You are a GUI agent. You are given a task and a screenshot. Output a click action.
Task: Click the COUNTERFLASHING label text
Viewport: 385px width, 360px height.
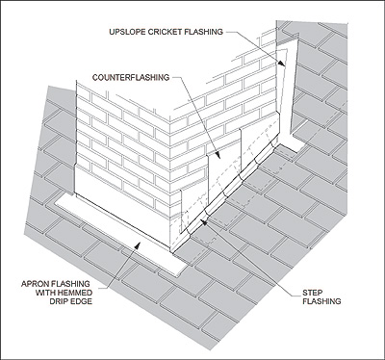(x=131, y=77)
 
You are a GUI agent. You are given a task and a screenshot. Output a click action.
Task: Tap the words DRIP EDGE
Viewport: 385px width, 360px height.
(x=71, y=301)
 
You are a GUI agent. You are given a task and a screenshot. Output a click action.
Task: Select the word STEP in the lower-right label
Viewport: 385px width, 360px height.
(x=313, y=293)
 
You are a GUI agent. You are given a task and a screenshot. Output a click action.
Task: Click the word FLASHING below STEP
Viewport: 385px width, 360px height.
(x=321, y=301)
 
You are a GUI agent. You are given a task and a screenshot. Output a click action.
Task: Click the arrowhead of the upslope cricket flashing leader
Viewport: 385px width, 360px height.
(x=281, y=63)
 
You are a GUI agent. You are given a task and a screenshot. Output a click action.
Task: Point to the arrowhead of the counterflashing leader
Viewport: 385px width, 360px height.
(x=218, y=155)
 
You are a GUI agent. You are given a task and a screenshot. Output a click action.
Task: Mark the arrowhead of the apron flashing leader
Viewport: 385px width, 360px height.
(x=138, y=245)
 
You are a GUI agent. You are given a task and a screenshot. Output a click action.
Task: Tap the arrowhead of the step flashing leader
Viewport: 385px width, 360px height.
(x=203, y=221)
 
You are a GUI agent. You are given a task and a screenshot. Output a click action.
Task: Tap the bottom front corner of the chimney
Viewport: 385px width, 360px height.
(x=171, y=252)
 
